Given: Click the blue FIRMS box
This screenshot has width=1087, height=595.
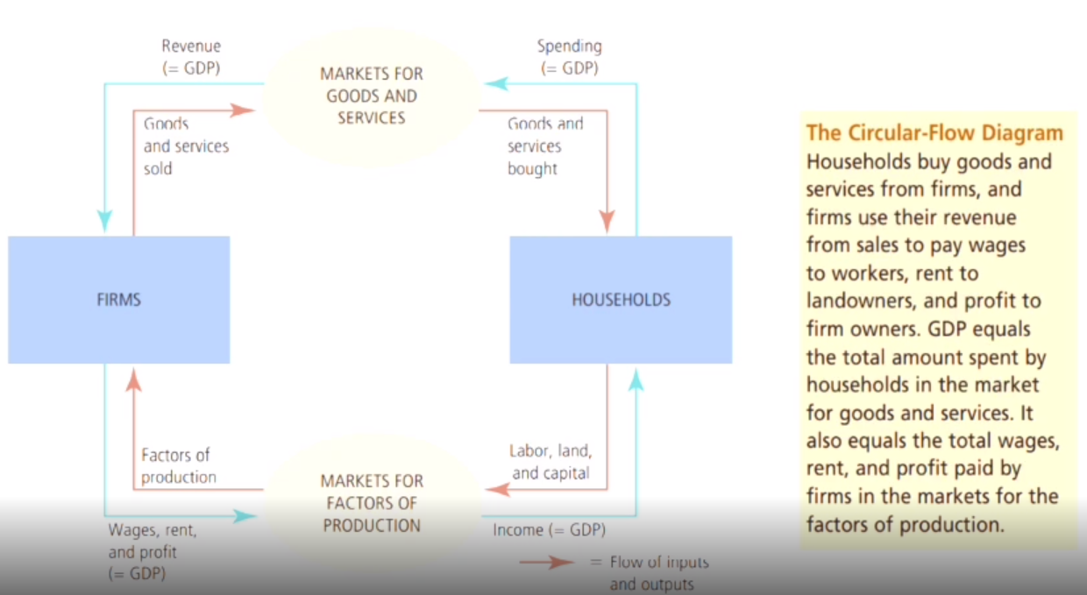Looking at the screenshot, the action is [119, 300].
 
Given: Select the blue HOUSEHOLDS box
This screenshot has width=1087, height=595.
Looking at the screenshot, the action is [621, 300].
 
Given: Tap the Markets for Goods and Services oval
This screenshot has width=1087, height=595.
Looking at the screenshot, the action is [371, 96].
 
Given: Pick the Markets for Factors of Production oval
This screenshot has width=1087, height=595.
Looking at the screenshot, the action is [371, 503].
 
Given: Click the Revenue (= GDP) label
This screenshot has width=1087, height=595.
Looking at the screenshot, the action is [191, 57].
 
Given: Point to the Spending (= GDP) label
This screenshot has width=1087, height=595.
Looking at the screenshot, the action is [569, 57].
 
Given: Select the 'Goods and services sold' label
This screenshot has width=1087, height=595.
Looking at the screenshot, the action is [186, 146].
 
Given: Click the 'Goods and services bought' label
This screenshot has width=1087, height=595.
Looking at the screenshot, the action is [545, 146].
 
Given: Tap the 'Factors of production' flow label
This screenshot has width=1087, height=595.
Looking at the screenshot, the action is [179, 466].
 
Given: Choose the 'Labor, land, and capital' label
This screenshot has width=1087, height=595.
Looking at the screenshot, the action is [551, 462].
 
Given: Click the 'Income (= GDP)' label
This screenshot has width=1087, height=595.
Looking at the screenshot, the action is [549, 530].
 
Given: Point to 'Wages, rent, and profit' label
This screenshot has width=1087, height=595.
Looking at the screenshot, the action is [153, 552].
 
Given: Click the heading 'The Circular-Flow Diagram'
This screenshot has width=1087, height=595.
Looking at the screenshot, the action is [934, 132].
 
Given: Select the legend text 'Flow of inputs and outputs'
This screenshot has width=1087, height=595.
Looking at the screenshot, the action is [658, 573].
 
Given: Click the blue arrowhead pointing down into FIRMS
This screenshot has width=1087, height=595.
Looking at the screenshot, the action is [105, 221].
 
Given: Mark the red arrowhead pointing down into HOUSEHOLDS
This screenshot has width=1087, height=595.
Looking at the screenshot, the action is [607, 221].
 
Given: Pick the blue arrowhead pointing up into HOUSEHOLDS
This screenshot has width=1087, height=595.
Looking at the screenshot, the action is [636, 380].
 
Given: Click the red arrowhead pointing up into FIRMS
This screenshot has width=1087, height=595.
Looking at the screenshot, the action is [133, 380].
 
